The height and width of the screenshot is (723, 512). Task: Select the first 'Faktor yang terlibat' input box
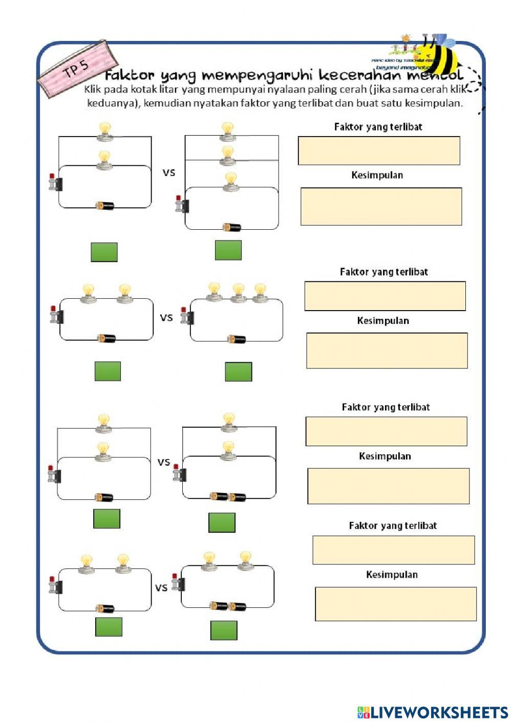[x=379, y=150]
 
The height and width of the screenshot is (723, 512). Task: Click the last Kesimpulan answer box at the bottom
[x=395, y=604]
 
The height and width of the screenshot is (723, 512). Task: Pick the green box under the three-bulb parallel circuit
[x=228, y=250]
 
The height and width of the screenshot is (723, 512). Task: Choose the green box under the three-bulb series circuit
[x=238, y=372]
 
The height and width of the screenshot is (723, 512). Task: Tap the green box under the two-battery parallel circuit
[x=222, y=522]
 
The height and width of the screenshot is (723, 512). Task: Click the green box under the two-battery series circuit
[x=224, y=630]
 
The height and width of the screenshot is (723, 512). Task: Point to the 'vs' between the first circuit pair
[x=169, y=172]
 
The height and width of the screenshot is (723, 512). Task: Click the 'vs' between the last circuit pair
[x=161, y=587]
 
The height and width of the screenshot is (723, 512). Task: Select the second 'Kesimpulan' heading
[x=383, y=321]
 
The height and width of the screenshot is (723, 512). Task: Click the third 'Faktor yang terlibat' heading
[x=386, y=407]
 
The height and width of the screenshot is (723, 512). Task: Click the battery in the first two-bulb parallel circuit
[x=105, y=206]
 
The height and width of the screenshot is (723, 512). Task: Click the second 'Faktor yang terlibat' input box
[x=385, y=296]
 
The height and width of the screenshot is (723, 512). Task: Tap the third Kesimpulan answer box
[x=388, y=486]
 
